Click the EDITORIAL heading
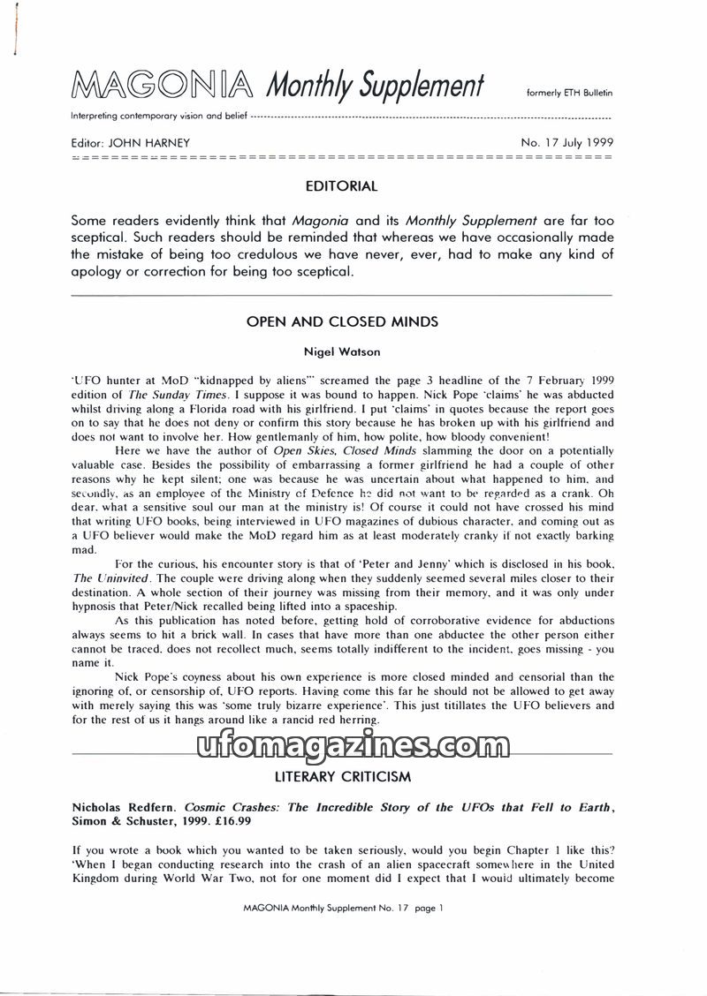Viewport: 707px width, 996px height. (x=341, y=186)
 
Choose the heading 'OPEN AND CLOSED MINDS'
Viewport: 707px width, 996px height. (x=342, y=322)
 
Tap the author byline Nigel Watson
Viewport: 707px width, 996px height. (x=342, y=352)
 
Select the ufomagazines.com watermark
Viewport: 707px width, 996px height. (x=353, y=749)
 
